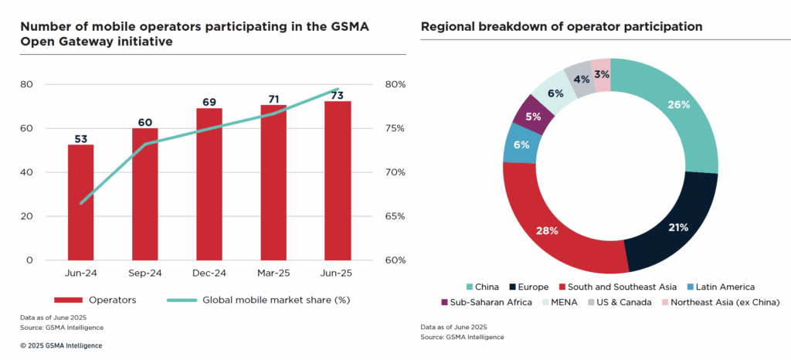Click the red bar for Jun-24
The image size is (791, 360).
(80, 202)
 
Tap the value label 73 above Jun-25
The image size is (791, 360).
(338, 94)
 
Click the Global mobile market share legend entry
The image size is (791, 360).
(260, 300)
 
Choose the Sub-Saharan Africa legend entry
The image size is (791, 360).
(486, 301)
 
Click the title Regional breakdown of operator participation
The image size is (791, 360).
(561, 26)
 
